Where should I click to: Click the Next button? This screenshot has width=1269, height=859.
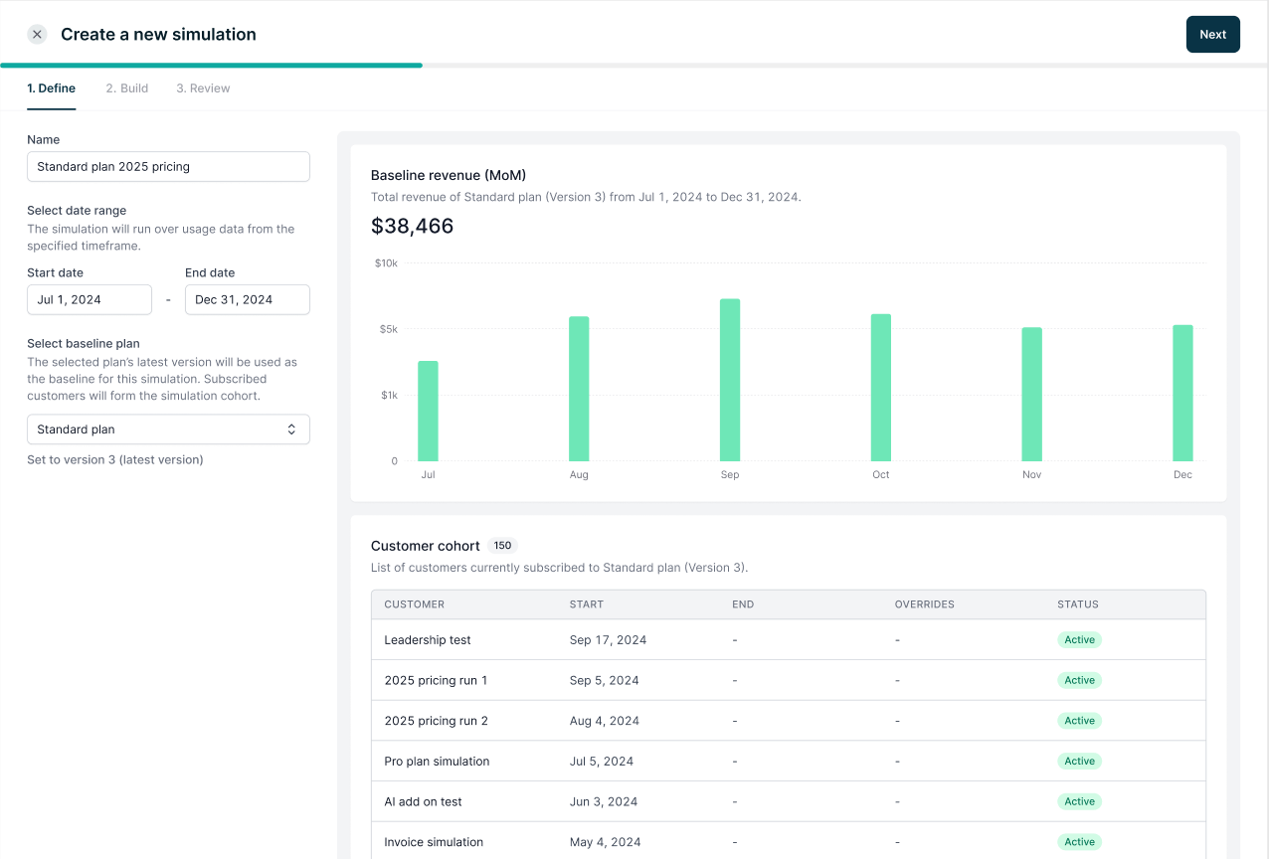point(1212,35)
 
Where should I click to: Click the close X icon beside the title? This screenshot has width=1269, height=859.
point(37,35)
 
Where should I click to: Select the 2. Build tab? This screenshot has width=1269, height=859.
point(127,88)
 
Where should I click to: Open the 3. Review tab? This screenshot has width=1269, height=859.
point(203,88)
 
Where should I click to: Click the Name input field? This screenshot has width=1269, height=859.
point(168,166)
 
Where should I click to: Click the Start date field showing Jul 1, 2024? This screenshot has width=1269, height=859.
point(90,299)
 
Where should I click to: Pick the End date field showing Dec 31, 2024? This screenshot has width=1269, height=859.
point(247,299)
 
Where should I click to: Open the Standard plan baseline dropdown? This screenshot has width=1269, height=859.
point(168,429)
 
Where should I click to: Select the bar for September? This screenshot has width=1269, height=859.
point(730,380)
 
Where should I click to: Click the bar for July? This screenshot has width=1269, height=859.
point(428,411)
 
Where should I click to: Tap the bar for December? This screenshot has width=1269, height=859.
point(1182,393)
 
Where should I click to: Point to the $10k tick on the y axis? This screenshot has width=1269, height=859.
point(386,263)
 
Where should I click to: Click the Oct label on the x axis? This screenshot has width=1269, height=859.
point(880,474)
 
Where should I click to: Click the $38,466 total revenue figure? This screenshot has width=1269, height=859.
point(412,226)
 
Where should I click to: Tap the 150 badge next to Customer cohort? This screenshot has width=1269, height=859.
point(502,545)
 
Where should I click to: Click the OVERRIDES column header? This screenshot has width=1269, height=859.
point(924,604)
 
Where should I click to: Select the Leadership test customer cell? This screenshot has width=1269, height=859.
point(428,640)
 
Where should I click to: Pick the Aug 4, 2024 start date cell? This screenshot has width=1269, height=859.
point(604,721)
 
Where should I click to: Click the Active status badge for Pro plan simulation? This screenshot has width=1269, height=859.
point(1079,761)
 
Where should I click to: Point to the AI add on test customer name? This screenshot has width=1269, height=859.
point(423,801)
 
